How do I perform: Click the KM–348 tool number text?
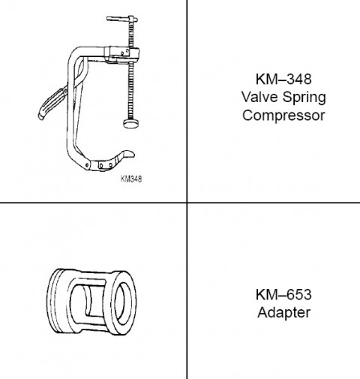tap(283, 79)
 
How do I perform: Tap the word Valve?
tap(259, 97)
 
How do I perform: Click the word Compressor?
tap(283, 116)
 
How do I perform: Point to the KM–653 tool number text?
tap(283, 294)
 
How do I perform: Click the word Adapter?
tap(283, 313)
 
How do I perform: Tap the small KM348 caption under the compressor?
tap(131, 179)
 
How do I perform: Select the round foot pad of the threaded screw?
tap(130, 124)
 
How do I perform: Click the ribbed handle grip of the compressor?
tap(52, 104)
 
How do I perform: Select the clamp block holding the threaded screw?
tap(122, 55)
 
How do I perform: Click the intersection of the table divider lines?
tap(187, 203)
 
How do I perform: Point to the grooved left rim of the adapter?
tap(54, 301)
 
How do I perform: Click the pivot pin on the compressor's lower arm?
tap(87, 165)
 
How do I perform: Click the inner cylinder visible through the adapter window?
tap(96, 301)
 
